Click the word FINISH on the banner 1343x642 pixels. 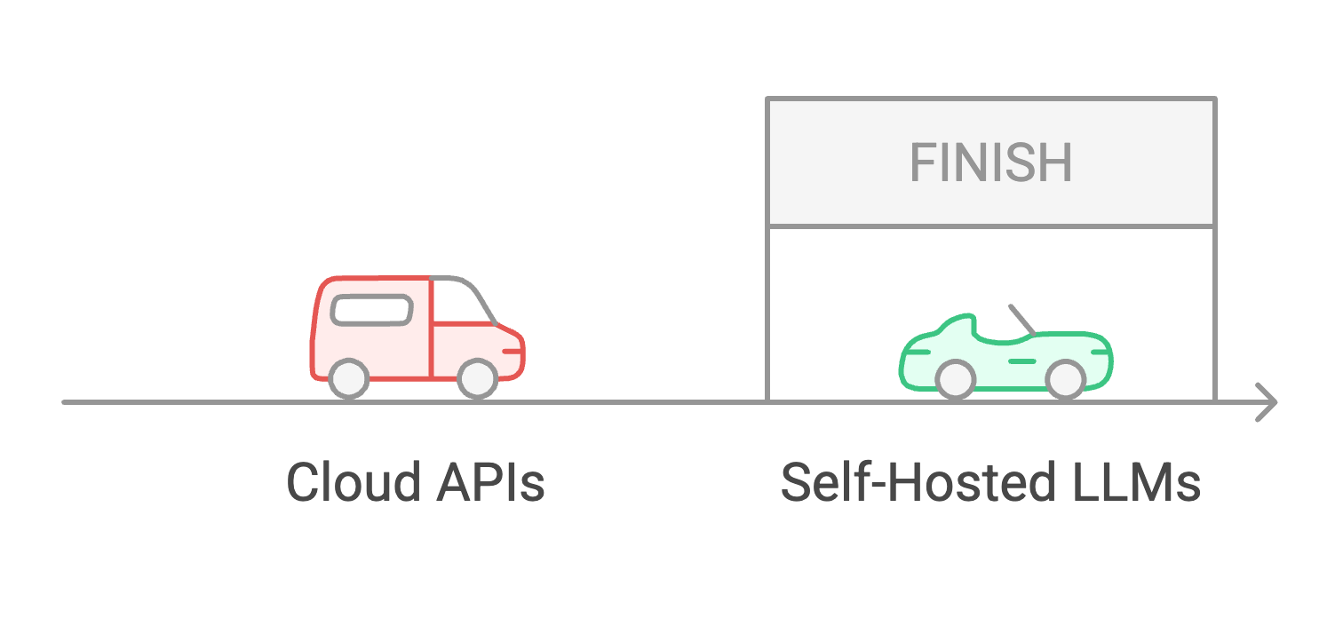click(x=990, y=162)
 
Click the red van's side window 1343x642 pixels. click(x=371, y=310)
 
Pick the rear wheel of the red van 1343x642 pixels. click(x=348, y=379)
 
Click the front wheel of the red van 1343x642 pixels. click(x=478, y=379)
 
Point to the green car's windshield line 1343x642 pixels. click(x=1022, y=321)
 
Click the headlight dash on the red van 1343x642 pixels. click(x=513, y=352)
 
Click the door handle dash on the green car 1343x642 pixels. click(x=1021, y=361)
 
